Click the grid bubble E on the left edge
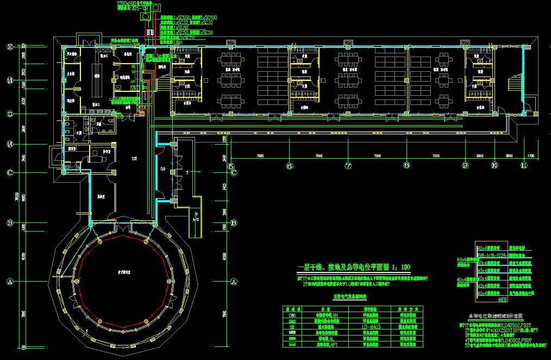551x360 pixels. point(9,47)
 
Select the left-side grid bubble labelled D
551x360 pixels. point(9,114)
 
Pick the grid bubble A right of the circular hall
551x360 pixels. point(234,282)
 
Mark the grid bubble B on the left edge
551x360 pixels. point(9,223)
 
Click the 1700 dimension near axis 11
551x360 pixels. point(531,156)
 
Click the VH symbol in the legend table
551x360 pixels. point(293,315)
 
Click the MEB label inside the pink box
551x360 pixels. point(503,299)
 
